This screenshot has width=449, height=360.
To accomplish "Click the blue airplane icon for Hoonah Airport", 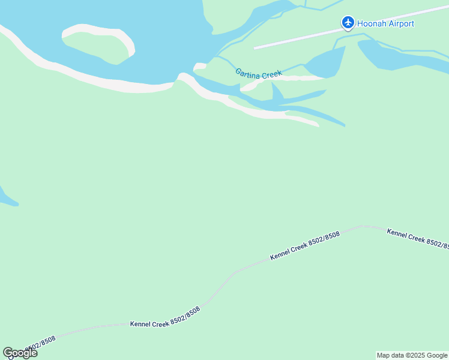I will [348, 23].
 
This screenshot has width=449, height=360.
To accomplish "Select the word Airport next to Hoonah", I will [401, 24].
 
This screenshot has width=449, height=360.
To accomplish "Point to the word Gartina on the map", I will [249, 73].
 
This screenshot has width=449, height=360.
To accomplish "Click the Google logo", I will [20, 353].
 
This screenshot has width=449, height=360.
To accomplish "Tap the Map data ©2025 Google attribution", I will [412, 355].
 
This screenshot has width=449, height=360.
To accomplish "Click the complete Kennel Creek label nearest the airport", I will [305, 246].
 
